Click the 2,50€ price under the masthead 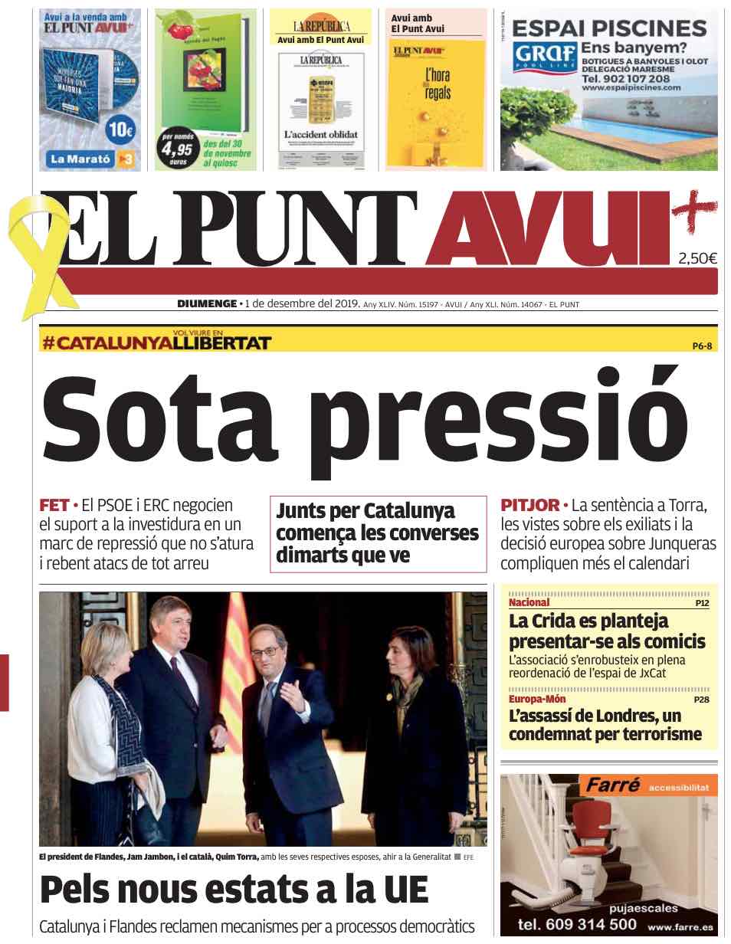click(697, 259)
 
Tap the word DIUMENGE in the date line click(207, 303)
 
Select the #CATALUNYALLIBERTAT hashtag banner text click(157, 343)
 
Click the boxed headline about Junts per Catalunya click(378, 533)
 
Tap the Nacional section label click(529, 602)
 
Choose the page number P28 click(702, 700)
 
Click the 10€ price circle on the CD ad click(121, 129)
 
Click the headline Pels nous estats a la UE click(233, 889)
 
